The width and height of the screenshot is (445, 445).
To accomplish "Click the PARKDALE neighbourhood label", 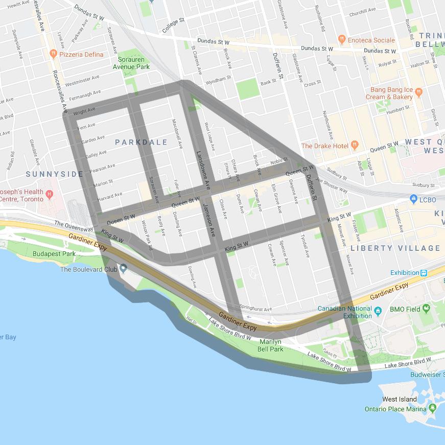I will [141, 142].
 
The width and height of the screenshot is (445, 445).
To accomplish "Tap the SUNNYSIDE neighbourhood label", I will [55, 174].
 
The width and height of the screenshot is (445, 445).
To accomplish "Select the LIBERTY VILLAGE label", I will [395, 248].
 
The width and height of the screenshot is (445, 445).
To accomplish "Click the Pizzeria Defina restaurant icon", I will [53, 54].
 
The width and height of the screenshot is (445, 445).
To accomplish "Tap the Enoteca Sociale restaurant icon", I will [341, 40].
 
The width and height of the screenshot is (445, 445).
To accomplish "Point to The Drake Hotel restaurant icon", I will [354, 146].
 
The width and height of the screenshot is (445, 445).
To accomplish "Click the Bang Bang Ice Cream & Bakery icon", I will [419, 92].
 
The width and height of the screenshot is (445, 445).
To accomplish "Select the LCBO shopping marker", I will [413, 199].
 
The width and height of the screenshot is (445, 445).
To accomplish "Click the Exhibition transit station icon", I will [424, 273].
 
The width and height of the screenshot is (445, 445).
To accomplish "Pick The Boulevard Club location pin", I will [123, 269].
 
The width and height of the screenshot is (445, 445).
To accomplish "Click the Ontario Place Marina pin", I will [433, 408].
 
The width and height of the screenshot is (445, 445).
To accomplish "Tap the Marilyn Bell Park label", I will [271, 345].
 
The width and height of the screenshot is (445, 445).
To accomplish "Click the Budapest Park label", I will [54, 254].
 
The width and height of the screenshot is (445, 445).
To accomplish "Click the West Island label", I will [399, 399].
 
